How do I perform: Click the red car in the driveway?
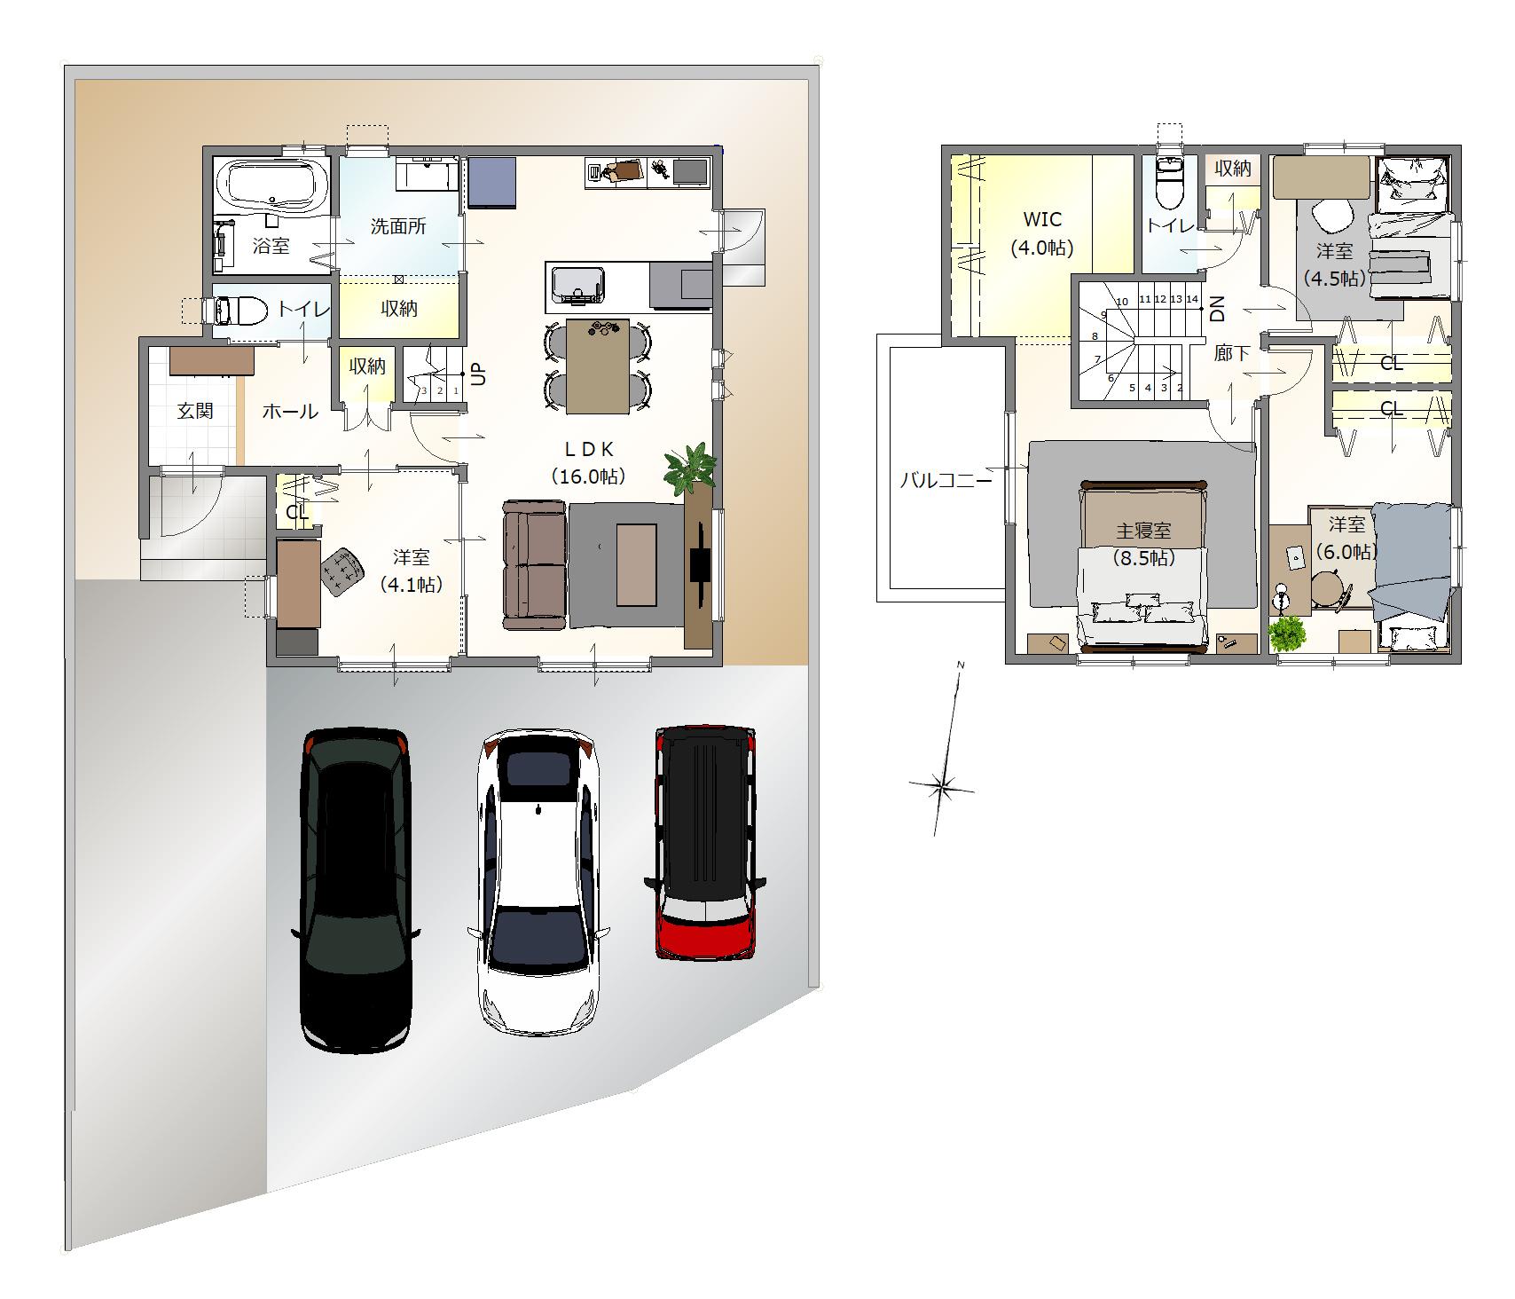(x=705, y=842)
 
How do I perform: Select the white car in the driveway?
(x=538, y=882)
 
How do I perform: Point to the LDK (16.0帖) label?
(x=589, y=462)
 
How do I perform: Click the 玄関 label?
(x=194, y=411)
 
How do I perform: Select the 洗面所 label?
(x=398, y=226)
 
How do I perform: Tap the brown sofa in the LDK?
(x=534, y=564)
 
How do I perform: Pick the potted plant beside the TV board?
(x=689, y=468)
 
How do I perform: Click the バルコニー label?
(x=946, y=481)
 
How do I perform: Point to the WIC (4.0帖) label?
(x=1042, y=233)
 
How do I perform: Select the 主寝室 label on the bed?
(x=1143, y=531)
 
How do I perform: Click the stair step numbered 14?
(x=1191, y=299)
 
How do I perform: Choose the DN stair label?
(x=1217, y=308)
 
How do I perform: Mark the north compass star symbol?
(x=942, y=785)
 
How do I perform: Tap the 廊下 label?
(x=1232, y=353)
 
